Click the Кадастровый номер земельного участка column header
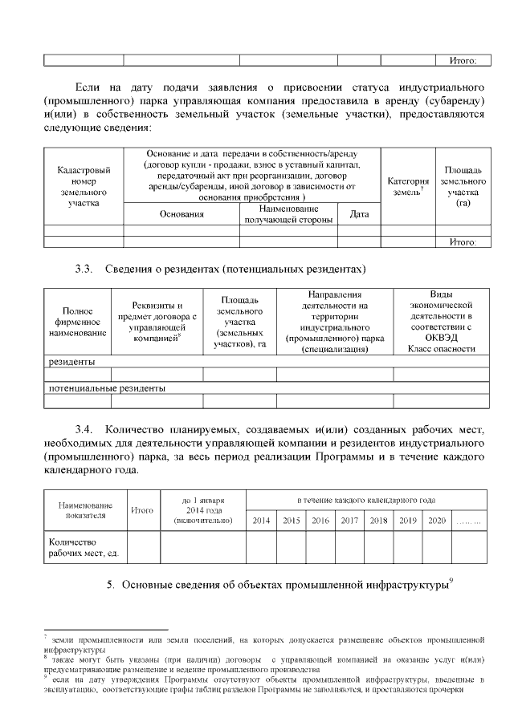pos(84,187)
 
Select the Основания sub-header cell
pos(182,214)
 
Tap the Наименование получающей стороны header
pos(288,213)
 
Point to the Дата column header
pos(359,214)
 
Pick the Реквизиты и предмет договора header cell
pos(157,322)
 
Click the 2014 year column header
pos(261,521)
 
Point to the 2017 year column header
pos(349,521)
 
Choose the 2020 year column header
pos(436,521)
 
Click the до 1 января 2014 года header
pos(203,510)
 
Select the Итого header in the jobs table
pos(143,510)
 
